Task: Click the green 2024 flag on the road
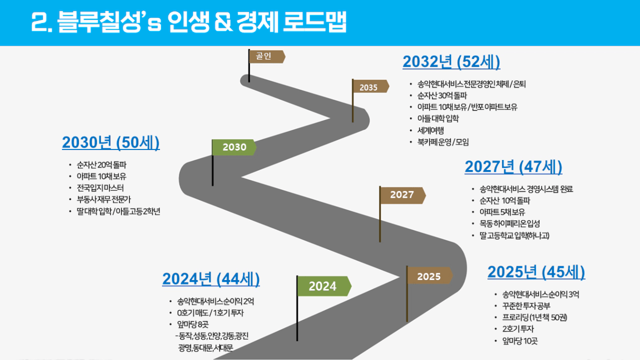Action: click(324, 286)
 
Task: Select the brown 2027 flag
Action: click(402, 195)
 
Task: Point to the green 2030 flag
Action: click(234, 147)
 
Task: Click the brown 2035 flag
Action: click(371, 86)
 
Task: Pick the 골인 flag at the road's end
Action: click(266, 56)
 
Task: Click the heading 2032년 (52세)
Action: click(452, 62)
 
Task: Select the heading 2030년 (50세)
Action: click(111, 143)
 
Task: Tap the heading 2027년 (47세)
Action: click(514, 167)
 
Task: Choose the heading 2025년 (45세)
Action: click(536, 272)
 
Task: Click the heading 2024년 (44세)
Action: click(211, 279)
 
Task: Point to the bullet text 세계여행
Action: click(431, 131)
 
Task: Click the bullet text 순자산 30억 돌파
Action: click(442, 95)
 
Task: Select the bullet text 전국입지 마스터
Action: click(101, 188)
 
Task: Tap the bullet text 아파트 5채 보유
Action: click(502, 212)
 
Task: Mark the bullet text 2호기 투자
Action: click(518, 329)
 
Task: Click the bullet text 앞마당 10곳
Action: click(520, 341)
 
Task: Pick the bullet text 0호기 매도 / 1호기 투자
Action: click(211, 313)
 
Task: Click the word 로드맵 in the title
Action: click(315, 22)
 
